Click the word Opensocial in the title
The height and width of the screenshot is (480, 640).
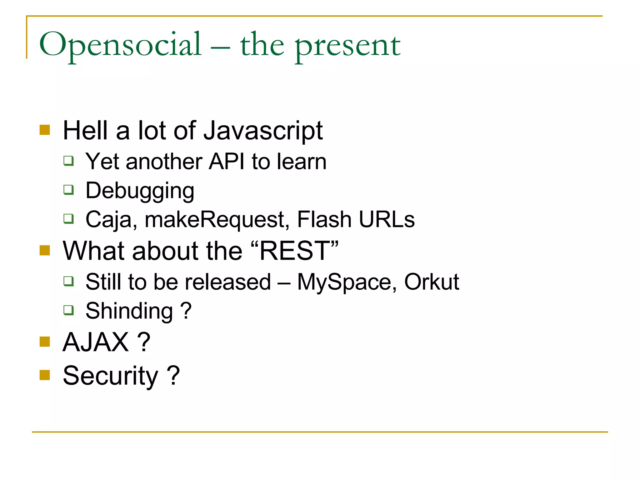coord(120,45)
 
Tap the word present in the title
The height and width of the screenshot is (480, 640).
coord(347,47)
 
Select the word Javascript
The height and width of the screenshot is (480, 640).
coord(263,131)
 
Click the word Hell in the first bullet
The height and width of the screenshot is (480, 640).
coord(85,131)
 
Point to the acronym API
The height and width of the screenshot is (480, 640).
coord(227,162)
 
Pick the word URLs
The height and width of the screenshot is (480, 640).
coord(387,219)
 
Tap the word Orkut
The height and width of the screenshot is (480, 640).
coord(432,282)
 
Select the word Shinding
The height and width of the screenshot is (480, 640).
coord(129,312)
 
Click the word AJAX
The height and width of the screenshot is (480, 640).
coord(96,342)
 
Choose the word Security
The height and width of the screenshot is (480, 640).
coord(110,376)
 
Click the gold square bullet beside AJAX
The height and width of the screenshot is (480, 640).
coord(45,342)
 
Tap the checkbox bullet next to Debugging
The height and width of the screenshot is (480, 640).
coord(68,189)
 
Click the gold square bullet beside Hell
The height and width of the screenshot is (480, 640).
coord(45,130)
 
